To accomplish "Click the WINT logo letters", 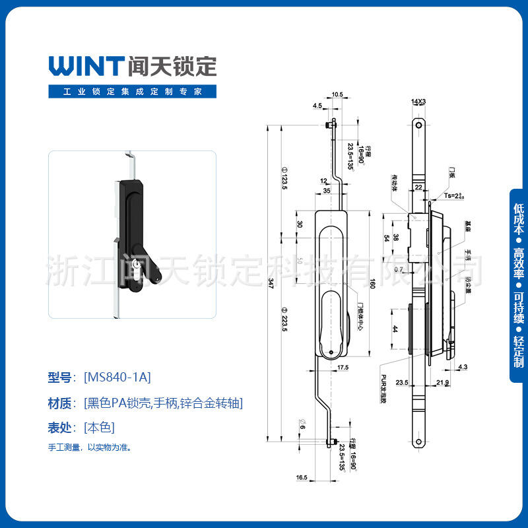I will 86,65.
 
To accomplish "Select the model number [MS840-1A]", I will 117,378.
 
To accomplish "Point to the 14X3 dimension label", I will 418,102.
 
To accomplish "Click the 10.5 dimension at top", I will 337,95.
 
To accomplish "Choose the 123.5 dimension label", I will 285,178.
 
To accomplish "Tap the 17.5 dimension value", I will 343,367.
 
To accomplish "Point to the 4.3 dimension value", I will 462,367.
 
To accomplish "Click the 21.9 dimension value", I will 442,383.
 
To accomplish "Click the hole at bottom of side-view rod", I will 418,442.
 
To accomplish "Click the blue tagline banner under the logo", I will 132,91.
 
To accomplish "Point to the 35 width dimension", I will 327,191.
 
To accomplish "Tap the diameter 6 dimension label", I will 302,426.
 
